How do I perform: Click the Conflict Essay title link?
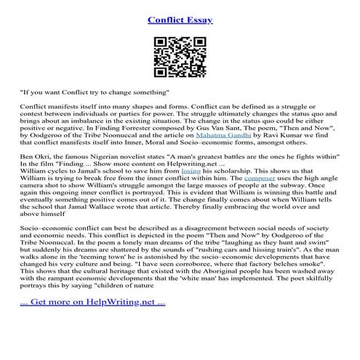(x=180, y=20)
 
